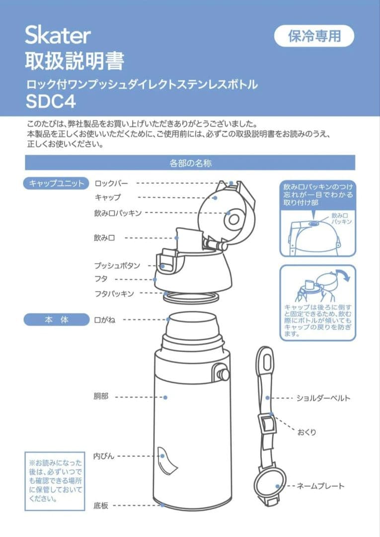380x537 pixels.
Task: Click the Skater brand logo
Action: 58,35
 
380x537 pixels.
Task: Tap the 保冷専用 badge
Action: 314,36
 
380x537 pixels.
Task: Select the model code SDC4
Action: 51,101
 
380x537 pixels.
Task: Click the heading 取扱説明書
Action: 74,61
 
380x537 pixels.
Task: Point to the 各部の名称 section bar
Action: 190,163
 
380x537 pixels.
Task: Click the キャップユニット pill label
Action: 56,183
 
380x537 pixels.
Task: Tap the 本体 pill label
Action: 56,320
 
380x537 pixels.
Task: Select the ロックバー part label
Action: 111,183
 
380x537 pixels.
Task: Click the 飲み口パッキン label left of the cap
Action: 118,213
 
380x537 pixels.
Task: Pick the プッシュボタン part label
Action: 117,266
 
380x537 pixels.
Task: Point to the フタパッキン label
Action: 114,293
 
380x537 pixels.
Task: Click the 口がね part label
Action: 105,320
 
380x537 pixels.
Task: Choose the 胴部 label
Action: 101,396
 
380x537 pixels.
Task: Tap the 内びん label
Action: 104,456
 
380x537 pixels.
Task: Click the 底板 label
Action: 101,506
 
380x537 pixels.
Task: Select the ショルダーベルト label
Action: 323,398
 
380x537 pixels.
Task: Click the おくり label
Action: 306,432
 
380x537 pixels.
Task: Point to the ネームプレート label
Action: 320,486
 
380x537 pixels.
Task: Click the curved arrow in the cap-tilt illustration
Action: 344,275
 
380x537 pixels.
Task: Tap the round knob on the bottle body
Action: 224,373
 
